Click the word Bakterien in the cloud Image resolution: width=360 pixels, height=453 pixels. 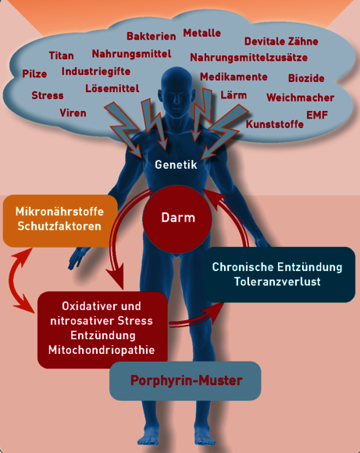[x=151, y=36]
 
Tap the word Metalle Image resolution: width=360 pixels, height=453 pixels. [x=202, y=33]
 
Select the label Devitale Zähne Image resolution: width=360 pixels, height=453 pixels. [x=281, y=41]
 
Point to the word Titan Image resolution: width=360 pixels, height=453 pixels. [x=61, y=55]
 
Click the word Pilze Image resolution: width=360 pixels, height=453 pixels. [x=34, y=73]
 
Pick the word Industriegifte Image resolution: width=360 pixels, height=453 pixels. [x=96, y=71]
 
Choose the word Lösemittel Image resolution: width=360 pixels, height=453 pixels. [x=112, y=88]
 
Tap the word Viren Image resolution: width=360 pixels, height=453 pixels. [x=73, y=112]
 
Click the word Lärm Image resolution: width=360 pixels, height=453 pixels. [x=233, y=95]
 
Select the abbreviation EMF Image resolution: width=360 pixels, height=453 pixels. [x=317, y=115]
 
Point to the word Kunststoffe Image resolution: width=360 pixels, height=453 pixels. [x=275, y=124]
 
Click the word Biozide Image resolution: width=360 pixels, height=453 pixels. [x=306, y=78]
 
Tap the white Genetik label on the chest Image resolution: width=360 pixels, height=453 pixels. [x=176, y=165]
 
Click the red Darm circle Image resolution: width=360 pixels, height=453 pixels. [x=177, y=219]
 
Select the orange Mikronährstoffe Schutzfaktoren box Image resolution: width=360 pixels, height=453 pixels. [x=60, y=221]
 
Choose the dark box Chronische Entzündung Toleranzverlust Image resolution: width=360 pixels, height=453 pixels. [x=279, y=274]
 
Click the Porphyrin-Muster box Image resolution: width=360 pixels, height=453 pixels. [x=185, y=381]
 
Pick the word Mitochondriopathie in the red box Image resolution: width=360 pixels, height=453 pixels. [x=102, y=350]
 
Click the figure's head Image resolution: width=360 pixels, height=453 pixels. [x=176, y=87]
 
